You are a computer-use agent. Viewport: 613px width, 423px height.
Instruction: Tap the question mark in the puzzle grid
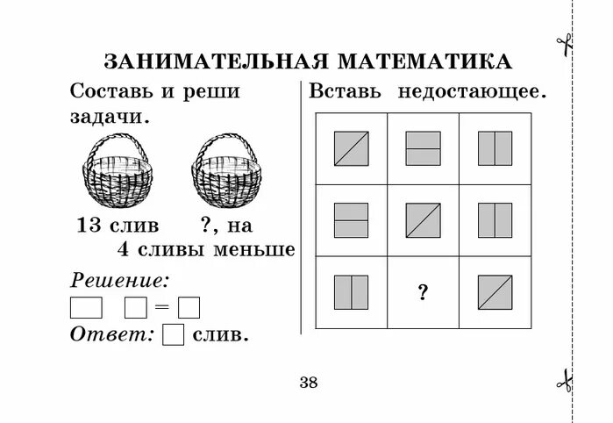[x=423, y=293]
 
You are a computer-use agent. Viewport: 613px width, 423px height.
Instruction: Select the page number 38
[x=309, y=382]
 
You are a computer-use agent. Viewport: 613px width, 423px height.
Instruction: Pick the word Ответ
[x=111, y=334]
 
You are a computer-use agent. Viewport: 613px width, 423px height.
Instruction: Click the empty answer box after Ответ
[x=175, y=335]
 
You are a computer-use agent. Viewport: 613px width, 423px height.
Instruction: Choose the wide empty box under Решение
[x=86, y=308]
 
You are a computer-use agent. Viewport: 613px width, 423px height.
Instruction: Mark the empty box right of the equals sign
[x=189, y=308]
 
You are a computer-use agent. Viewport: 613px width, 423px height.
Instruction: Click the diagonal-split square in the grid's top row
[x=351, y=148]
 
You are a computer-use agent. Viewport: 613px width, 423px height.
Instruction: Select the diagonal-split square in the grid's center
[x=423, y=220]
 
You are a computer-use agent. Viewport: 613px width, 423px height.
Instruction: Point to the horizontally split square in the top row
[x=423, y=148]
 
